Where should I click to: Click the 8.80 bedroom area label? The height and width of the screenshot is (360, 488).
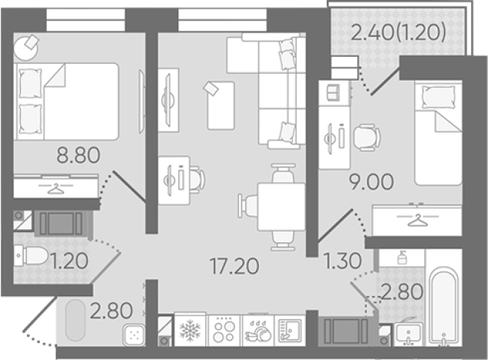78,155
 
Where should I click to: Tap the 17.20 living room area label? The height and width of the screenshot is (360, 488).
234,267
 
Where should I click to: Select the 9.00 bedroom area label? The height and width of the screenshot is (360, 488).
371,182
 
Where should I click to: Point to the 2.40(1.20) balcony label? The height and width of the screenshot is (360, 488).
398,32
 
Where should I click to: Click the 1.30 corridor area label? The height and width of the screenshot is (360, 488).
343,261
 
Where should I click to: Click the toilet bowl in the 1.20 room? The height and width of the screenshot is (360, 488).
31,256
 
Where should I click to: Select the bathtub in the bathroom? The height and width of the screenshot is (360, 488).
443,307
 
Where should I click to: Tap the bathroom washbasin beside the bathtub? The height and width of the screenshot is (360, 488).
408,334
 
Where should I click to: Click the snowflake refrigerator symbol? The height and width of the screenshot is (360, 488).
190,331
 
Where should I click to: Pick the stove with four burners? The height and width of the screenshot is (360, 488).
225,331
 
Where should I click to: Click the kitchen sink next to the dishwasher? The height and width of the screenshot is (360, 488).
290,331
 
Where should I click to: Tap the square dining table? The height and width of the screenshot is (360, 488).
281,207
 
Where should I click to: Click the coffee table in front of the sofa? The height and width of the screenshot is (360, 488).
221,105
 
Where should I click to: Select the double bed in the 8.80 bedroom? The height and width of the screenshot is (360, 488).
66,102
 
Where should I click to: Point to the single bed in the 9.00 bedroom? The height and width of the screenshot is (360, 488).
438,133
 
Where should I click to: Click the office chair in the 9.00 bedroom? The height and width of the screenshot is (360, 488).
367,138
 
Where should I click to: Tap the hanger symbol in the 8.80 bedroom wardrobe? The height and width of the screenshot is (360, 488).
55,188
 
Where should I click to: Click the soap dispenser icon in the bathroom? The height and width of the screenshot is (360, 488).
402,257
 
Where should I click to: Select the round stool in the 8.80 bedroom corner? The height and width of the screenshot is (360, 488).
25,48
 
